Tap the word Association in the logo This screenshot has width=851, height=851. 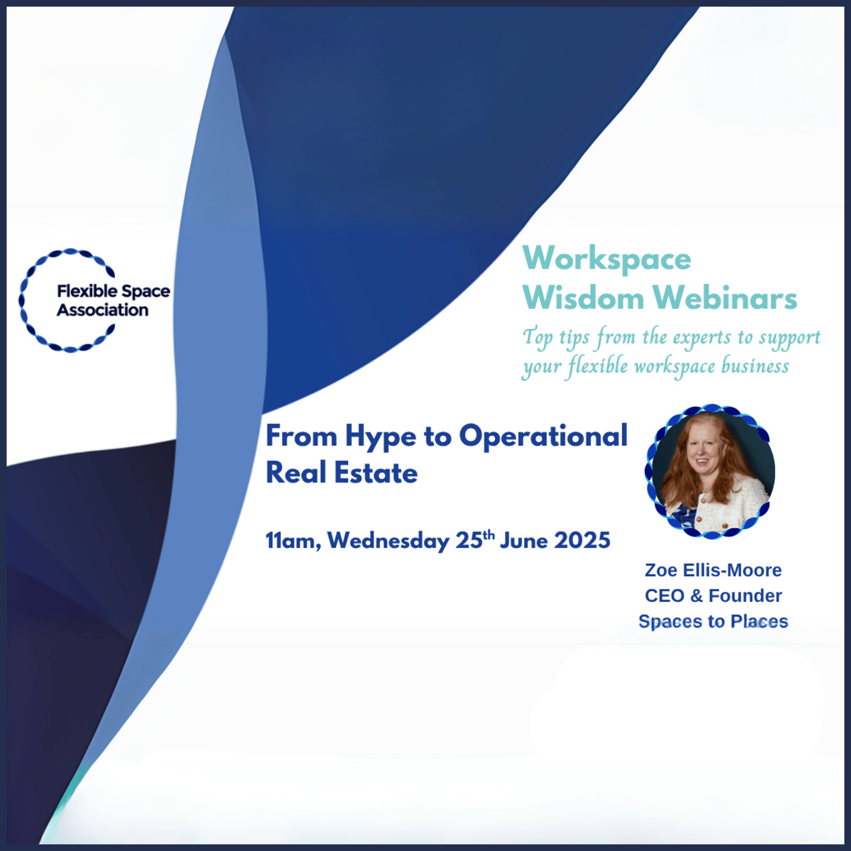tap(102, 310)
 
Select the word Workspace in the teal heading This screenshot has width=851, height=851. tap(607, 259)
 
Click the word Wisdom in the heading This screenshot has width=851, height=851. tap(583, 297)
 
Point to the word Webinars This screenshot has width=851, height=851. tap(725, 297)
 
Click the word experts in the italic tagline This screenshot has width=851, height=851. tap(702, 338)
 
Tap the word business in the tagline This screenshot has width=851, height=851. tap(755, 366)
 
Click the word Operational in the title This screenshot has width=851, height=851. tap(543, 437)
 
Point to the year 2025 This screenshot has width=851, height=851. tap(582, 540)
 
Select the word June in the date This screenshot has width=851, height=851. tap(523, 541)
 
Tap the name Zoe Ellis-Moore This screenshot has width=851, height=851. tap(713, 570)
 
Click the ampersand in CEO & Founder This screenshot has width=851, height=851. tap(696, 596)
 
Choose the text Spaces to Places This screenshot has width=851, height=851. tap(713, 622)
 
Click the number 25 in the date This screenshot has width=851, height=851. tap(469, 540)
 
